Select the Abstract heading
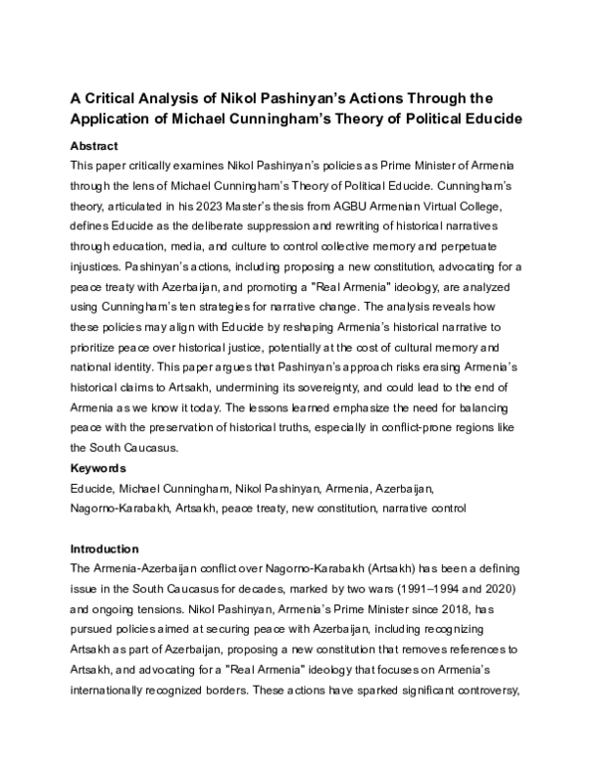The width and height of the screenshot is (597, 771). coord(96,144)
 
